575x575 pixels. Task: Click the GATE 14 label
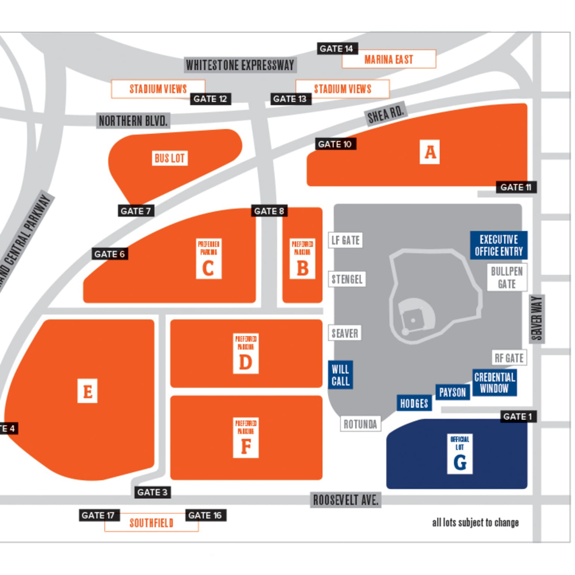click(x=336, y=49)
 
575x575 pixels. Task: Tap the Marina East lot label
click(x=389, y=60)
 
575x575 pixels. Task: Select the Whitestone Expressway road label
click(x=240, y=65)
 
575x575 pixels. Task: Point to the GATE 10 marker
click(x=335, y=144)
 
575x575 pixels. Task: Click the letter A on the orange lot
click(x=430, y=152)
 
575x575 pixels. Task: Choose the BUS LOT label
click(x=170, y=158)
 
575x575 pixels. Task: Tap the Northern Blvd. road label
click(x=133, y=121)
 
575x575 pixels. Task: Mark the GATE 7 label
click(x=136, y=211)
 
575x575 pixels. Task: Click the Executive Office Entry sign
click(x=499, y=245)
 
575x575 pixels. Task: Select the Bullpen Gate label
click(x=507, y=277)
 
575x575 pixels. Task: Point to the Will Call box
click(x=340, y=375)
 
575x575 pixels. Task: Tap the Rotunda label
click(x=360, y=424)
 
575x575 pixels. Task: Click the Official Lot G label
click(x=460, y=454)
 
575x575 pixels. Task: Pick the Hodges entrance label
click(x=414, y=403)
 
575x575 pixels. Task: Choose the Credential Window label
click(x=495, y=383)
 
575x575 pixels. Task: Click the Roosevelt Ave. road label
click(x=346, y=500)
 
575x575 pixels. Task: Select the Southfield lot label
click(x=151, y=523)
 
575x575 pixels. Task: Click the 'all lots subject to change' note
click(x=475, y=522)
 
